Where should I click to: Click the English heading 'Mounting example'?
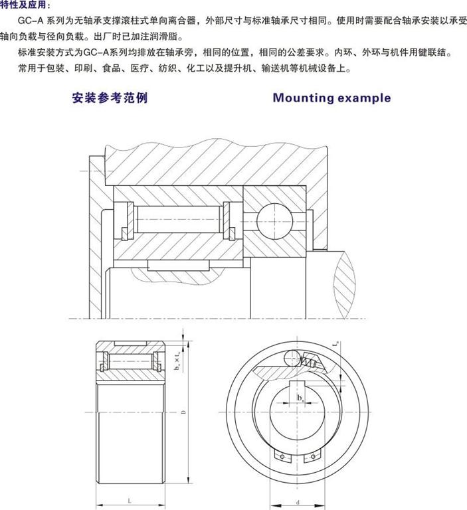point(331,98)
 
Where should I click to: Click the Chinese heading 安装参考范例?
point(110,98)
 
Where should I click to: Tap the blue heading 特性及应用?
point(25,5)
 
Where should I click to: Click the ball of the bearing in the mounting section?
point(273,220)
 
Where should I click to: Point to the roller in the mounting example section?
point(177,218)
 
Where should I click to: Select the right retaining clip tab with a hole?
point(310,458)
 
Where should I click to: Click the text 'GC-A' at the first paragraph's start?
point(26,21)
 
